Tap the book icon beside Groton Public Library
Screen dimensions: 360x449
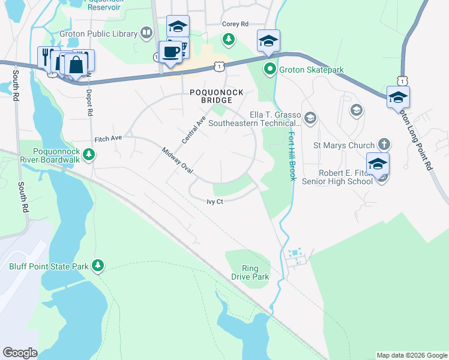[146, 33]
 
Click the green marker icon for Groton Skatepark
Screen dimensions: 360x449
[270, 70]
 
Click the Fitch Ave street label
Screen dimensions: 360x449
[108, 138]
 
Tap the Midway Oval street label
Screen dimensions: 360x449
[177, 160]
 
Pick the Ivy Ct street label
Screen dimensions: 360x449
[214, 202]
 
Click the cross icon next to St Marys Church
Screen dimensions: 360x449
[384, 145]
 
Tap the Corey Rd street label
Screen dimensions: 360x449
[235, 24]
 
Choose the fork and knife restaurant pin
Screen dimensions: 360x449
[46, 57]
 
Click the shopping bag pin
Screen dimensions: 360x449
[77, 64]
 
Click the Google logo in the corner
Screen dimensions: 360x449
[20, 353]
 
